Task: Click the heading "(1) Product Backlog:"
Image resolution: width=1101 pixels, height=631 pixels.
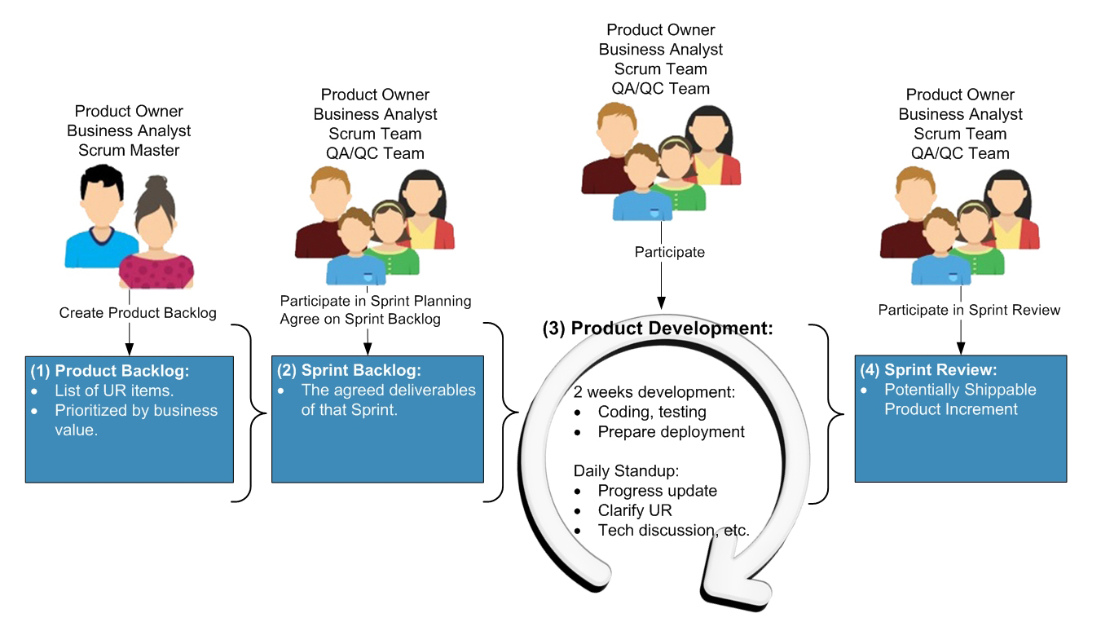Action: coord(110,371)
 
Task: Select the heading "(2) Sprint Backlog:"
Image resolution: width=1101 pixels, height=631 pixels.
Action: coord(350,370)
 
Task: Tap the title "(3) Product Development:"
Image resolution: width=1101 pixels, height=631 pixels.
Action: coord(658,329)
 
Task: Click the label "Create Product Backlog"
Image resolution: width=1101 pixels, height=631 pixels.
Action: coord(138,312)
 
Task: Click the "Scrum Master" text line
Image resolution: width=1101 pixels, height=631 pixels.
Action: coord(129,150)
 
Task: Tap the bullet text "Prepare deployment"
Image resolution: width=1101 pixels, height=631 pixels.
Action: coord(671,432)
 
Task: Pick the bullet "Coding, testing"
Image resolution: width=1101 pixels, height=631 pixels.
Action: coord(652,413)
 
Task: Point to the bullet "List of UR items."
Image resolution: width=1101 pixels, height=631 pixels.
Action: coord(114,391)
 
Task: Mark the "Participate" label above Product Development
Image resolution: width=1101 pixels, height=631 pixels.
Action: coord(669,253)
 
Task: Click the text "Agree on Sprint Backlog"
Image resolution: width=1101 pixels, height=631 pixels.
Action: coord(360,320)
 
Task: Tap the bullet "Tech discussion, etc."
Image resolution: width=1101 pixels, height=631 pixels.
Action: coord(673,531)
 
